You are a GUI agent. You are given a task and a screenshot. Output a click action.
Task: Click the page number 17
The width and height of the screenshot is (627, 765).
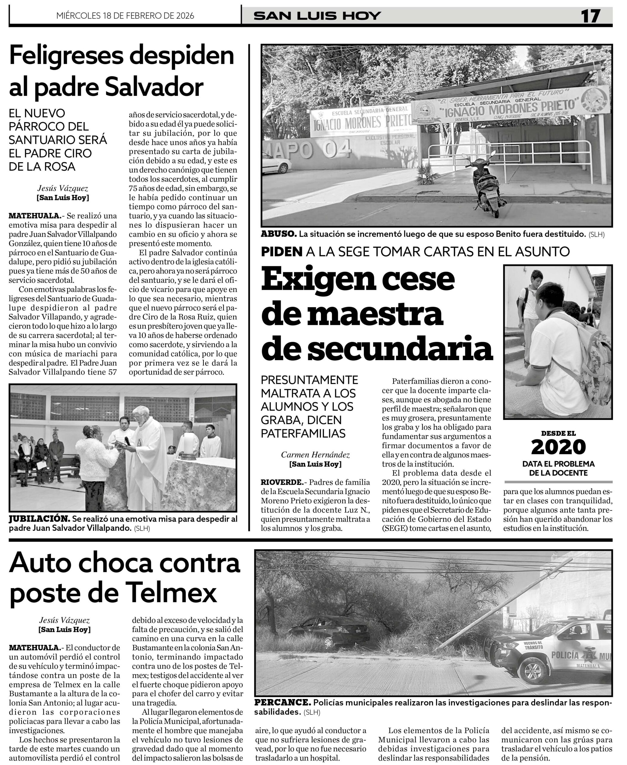pyautogui.click(x=591, y=16)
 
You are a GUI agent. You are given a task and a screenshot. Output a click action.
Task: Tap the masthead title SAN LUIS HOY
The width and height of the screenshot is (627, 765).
pyautogui.click(x=317, y=16)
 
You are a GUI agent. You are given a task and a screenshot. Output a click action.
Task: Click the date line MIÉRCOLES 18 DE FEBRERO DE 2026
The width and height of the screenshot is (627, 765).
pyautogui.click(x=125, y=16)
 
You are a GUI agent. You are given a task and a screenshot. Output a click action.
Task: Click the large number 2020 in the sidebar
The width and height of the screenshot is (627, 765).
pyautogui.click(x=558, y=447)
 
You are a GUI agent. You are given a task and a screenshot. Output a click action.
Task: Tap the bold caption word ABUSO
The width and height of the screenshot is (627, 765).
pyautogui.click(x=279, y=234)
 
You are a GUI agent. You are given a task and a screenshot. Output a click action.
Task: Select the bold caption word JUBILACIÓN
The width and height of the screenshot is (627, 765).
pyautogui.click(x=39, y=519)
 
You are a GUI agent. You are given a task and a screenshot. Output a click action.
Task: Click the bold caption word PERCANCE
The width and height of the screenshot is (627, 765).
pyautogui.click(x=282, y=703)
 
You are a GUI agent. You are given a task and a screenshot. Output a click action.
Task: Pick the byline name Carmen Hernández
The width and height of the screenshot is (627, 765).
pyautogui.click(x=315, y=455)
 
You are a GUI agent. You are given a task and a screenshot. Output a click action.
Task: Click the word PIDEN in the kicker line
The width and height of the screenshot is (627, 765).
pyautogui.click(x=282, y=252)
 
